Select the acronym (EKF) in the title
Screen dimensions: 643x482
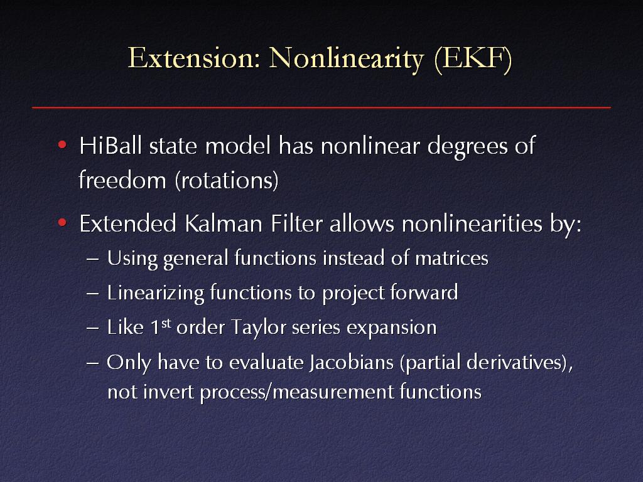point(473,60)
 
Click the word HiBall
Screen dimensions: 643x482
point(111,146)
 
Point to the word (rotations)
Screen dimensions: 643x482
point(227,180)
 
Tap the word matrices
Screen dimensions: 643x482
point(451,258)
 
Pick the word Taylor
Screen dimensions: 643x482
point(258,328)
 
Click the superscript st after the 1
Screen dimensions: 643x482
point(166,323)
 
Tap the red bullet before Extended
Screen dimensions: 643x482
point(62,223)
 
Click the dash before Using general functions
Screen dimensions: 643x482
point(93,259)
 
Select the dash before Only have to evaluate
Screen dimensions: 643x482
point(93,363)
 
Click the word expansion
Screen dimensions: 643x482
point(392,328)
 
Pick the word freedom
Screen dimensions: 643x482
point(122,180)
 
